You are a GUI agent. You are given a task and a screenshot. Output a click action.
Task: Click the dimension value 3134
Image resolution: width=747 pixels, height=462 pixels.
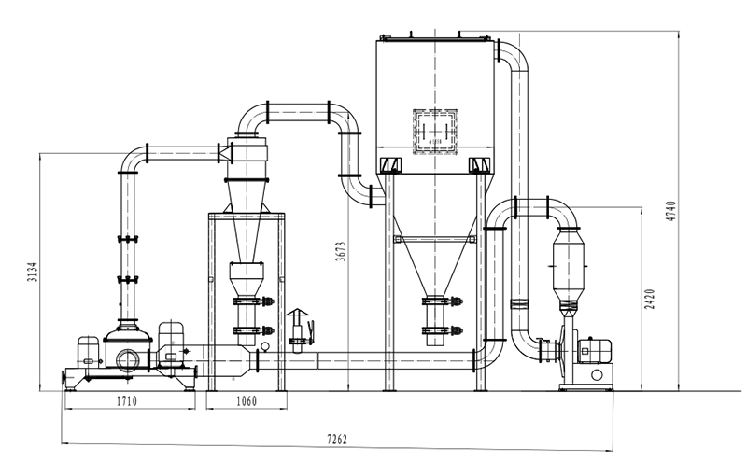tap(32, 272)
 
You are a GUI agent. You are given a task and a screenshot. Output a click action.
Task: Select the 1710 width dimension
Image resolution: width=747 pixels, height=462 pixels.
tap(127, 401)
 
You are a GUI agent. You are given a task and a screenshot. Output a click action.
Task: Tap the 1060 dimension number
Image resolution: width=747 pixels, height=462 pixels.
tap(247, 401)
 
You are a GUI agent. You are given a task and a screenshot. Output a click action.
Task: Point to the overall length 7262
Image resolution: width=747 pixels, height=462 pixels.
tap(337, 439)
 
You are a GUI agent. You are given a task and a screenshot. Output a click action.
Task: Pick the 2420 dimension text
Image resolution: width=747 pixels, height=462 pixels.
tap(650, 299)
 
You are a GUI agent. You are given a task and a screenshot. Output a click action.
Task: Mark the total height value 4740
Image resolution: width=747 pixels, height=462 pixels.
tap(670, 211)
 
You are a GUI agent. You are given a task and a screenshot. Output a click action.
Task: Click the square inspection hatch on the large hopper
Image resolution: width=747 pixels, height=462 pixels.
tap(435, 132)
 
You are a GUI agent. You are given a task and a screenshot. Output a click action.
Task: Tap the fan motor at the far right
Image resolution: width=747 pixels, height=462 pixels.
tap(594, 351)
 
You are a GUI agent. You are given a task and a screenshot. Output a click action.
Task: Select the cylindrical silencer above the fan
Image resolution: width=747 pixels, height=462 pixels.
tap(569, 263)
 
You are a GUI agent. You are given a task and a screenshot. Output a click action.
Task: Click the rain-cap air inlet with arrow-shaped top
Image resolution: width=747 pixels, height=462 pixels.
tap(297, 330)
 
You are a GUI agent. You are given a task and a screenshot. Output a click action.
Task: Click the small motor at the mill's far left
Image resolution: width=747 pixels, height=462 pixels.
tap(88, 352)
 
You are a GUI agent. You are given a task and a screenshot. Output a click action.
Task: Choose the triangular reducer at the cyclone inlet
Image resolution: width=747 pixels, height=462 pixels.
tap(225, 153)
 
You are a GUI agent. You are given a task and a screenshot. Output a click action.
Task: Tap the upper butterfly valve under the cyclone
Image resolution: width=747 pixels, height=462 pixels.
tap(253, 301)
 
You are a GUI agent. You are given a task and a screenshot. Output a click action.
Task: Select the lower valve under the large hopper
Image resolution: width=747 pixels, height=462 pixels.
tap(442, 330)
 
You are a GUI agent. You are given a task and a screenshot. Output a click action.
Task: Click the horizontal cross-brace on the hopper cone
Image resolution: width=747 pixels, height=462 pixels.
tap(434, 239)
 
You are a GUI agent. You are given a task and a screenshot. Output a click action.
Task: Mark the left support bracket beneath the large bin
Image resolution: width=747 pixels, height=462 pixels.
tap(390, 165)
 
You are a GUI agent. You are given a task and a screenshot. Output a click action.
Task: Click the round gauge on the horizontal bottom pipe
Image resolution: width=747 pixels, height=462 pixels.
tap(265, 346)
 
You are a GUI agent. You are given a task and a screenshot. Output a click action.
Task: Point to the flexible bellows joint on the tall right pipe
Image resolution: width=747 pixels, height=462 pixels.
tap(519, 303)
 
